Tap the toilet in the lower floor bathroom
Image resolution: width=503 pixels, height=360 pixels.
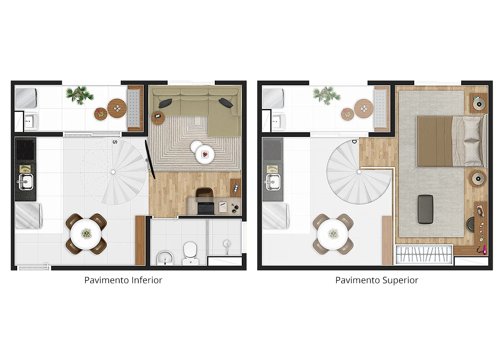pyautogui.click(x=190, y=253)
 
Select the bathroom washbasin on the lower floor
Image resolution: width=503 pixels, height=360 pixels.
pyautogui.click(x=165, y=258)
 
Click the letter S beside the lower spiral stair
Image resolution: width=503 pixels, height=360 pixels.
pyautogui.click(x=115, y=142)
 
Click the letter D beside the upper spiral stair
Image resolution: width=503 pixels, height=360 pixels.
pyautogui.click(x=354, y=142)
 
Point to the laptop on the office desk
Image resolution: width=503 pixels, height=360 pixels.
pyautogui.click(x=206, y=208)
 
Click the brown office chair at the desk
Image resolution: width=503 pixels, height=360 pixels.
pyautogui.click(x=204, y=193)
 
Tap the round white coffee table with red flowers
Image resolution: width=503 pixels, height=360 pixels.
pyautogui.click(x=204, y=154)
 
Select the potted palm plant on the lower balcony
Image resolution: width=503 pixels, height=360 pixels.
pyautogui.click(x=79, y=94)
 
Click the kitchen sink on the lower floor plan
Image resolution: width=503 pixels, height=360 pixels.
pyautogui.click(x=25, y=182)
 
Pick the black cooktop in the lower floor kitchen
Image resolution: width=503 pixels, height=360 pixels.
pyautogui.click(x=25, y=150)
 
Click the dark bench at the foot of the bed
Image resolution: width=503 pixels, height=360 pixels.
pyautogui.click(x=426, y=209)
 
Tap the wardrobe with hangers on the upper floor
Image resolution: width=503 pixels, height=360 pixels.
pyautogui.click(x=424, y=255)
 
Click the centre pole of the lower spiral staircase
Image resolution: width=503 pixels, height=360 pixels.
pyautogui.click(x=113, y=172)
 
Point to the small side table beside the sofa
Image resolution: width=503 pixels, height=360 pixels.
pyautogui.click(x=158, y=117)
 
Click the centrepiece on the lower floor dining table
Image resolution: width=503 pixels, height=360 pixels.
pyautogui.click(x=86, y=234)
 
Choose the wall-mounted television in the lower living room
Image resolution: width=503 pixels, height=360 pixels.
pyautogui.click(x=150, y=159)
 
